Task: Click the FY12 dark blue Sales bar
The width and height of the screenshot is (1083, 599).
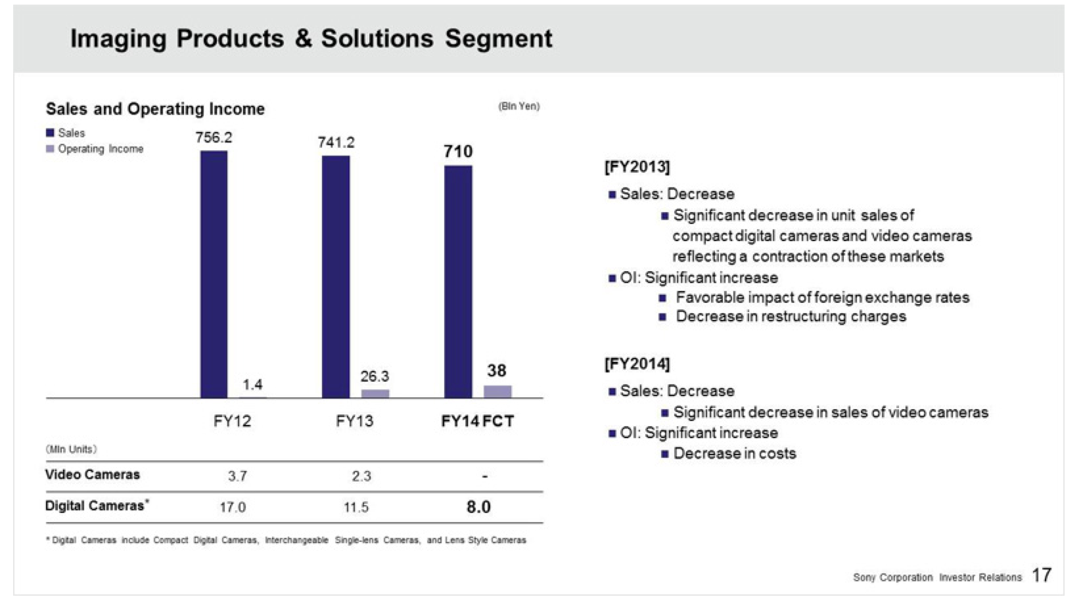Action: [x=214, y=275]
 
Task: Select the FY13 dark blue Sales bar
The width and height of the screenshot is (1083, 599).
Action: [x=336, y=277]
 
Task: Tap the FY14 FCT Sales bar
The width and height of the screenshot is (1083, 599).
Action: [x=458, y=282]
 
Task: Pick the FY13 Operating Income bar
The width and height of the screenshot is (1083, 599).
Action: [x=375, y=393]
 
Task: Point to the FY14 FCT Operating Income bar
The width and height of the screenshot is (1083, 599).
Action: [x=497, y=391]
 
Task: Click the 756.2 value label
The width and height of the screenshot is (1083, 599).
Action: [x=214, y=138]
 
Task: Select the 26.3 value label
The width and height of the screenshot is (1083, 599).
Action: [x=375, y=376]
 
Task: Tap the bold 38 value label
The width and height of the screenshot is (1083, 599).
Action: [x=497, y=370]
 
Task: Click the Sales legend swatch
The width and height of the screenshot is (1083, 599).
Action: [x=50, y=133]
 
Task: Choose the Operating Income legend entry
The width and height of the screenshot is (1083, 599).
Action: [x=95, y=149]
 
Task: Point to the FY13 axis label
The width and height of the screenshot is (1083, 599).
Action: [x=355, y=421]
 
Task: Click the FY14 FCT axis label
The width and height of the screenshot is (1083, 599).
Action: [x=477, y=421]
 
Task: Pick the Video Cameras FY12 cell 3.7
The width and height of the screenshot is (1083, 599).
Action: [x=237, y=476]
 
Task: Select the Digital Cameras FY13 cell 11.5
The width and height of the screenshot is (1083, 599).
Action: [x=356, y=507]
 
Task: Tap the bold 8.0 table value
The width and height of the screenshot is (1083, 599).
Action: [x=478, y=507]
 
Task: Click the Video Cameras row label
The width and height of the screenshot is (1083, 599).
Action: [x=93, y=474]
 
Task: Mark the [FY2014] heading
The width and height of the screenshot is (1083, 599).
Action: [x=637, y=363]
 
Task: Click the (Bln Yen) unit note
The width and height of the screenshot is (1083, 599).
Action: [x=518, y=106]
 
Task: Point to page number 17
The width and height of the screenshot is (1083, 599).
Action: [x=1042, y=575]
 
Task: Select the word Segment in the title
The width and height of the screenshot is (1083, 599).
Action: [x=499, y=39]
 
